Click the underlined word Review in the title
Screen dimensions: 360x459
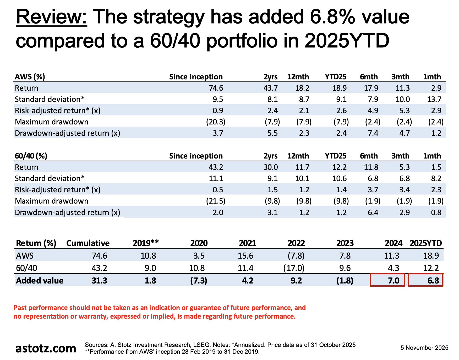click(x=51, y=17)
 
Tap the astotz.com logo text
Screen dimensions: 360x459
click(x=46, y=348)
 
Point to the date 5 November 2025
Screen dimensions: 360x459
click(x=424, y=348)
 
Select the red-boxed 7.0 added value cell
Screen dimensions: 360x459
click(x=387, y=280)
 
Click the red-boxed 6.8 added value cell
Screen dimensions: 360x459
click(x=425, y=280)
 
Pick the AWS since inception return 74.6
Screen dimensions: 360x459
click(x=216, y=88)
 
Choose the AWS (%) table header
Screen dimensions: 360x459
click(x=30, y=77)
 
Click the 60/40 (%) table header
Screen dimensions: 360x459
click(x=31, y=156)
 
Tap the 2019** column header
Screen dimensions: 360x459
click(x=146, y=243)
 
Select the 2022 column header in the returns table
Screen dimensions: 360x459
click(x=296, y=243)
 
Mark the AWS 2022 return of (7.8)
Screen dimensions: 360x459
click(x=296, y=255)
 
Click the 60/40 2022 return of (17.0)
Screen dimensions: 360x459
click(x=294, y=268)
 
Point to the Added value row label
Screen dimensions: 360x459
click(x=40, y=281)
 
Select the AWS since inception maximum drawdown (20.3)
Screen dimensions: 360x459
click(x=216, y=122)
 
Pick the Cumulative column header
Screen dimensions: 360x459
click(x=88, y=243)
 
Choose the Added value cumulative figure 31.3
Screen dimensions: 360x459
click(x=99, y=281)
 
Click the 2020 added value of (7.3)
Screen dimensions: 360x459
click(x=199, y=281)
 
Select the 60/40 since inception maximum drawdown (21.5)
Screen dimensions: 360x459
click(x=216, y=201)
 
